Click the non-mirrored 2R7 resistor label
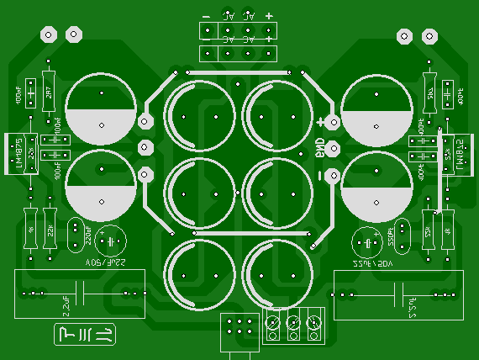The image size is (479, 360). [49, 93]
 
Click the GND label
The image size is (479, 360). [320, 150]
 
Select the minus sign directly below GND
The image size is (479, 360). [320, 175]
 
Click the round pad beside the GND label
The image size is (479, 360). [334, 150]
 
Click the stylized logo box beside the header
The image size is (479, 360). [85, 335]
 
